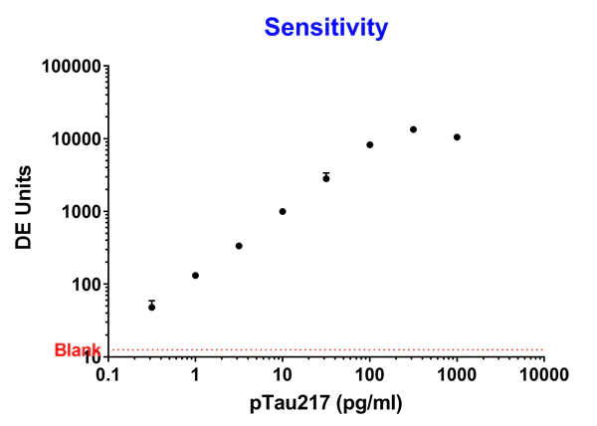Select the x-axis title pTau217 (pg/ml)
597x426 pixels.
325,404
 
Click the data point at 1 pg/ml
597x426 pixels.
195,276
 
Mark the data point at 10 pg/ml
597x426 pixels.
283,211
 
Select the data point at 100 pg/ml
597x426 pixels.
370,144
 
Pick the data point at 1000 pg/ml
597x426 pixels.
457,137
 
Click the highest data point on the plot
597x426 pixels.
413,129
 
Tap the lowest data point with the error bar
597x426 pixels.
152,307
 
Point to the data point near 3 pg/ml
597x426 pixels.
239,246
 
